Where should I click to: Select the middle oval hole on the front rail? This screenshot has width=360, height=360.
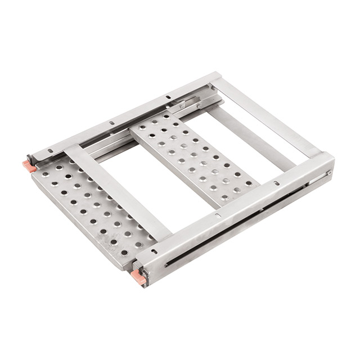pos(218,214)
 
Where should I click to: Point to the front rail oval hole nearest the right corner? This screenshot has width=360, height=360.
pos(276,183)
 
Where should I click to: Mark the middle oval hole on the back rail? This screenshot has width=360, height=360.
pos(111,122)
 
